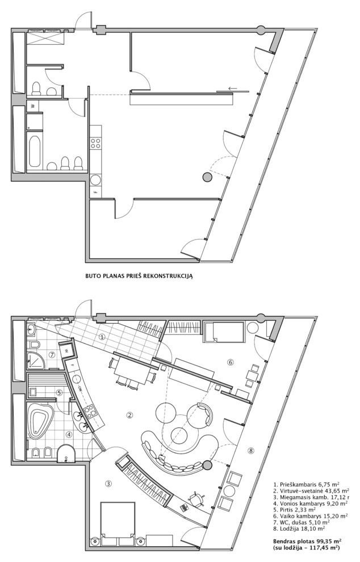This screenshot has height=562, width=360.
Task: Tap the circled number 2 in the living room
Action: click(x=130, y=415)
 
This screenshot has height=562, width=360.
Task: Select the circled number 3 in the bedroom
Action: click(x=109, y=483)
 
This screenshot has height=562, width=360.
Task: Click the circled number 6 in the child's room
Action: click(x=231, y=362)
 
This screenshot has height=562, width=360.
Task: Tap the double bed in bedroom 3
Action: click(x=118, y=519)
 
